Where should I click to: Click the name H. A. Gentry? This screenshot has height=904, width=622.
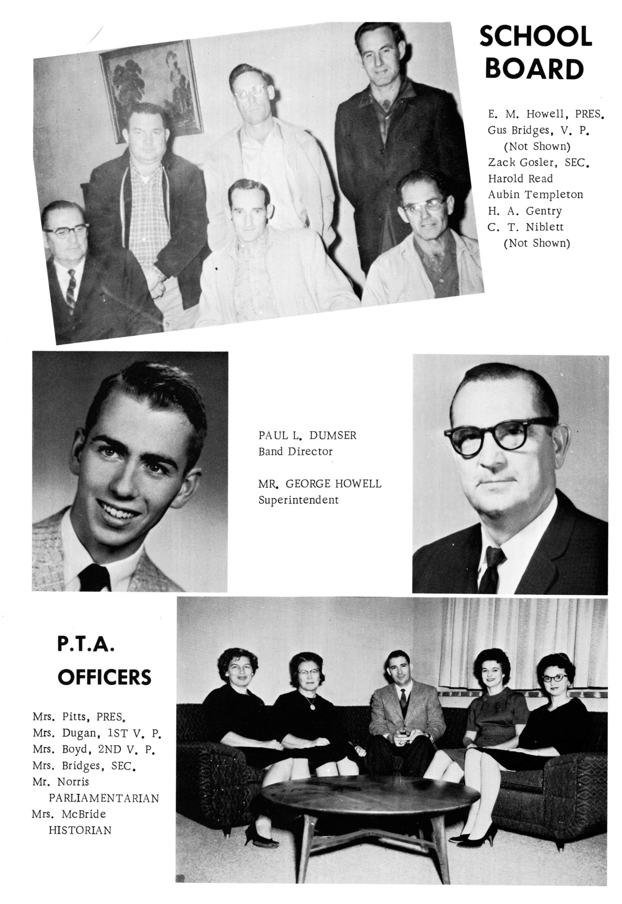pos(525,211)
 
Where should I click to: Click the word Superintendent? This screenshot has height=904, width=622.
pos(298,500)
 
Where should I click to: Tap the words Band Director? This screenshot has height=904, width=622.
pos(295,452)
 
